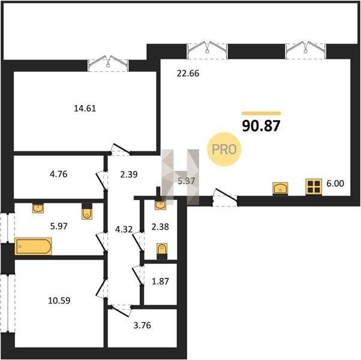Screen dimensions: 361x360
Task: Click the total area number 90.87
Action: (261, 126)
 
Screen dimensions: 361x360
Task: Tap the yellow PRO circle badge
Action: (224, 149)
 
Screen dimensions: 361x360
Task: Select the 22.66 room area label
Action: (188, 73)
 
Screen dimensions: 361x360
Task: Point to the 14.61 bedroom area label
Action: (85, 108)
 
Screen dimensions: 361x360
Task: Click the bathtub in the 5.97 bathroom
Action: (33, 246)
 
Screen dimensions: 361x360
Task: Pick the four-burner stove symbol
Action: (314, 187)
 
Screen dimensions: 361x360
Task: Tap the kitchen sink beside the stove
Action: (280, 188)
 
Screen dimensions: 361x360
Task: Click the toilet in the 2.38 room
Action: (162, 251)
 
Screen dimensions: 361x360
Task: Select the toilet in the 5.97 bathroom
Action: (87, 211)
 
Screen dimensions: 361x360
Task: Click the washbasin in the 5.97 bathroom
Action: (38, 208)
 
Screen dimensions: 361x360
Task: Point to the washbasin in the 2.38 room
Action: (160, 205)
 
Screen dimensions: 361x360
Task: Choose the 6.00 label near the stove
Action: (335, 184)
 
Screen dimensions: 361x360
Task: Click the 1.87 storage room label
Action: (161, 281)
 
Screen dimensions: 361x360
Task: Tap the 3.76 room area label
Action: (142, 325)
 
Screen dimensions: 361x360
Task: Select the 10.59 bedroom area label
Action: (59, 301)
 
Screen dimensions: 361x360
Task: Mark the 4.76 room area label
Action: (59, 174)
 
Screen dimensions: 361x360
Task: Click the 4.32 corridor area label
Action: (124, 229)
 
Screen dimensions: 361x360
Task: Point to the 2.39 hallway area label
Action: (129, 175)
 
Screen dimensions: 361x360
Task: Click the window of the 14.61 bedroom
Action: (108, 65)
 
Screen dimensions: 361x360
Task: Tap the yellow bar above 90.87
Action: (261, 113)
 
